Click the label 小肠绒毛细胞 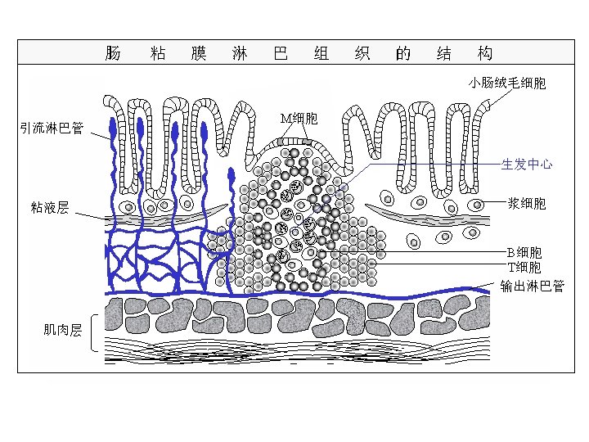(x=506, y=83)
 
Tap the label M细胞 (x=299, y=120)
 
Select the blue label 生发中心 (x=527, y=165)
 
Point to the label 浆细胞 (x=526, y=204)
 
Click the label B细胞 (x=524, y=253)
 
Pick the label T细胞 (x=524, y=268)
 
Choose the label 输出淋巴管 (x=532, y=286)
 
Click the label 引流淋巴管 (x=51, y=128)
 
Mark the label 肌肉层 (x=62, y=331)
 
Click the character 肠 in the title (x=115, y=54)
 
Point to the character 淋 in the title (x=239, y=54)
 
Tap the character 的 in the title (x=402, y=54)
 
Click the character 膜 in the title (x=198, y=54)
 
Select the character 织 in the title (x=362, y=54)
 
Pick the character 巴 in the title (x=280, y=54)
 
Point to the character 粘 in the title (x=157, y=54)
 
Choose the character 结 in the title (x=443, y=54)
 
